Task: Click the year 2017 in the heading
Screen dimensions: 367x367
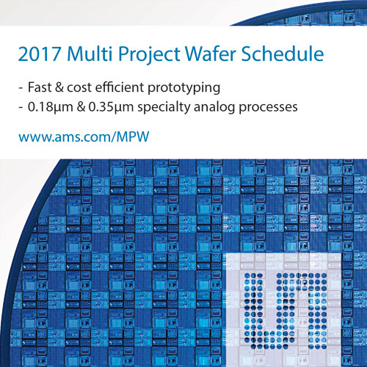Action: (x=40, y=54)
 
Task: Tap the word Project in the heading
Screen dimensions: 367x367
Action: (x=150, y=55)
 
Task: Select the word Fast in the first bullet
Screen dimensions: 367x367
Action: (x=40, y=87)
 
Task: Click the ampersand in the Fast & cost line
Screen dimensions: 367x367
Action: (x=59, y=87)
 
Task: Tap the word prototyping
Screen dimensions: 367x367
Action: (x=184, y=88)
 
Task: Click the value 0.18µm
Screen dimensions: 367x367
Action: (x=51, y=107)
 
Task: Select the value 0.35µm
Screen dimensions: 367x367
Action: (x=111, y=107)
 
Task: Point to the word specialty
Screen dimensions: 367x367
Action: (x=164, y=107)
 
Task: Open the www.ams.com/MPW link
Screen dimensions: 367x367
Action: (x=84, y=137)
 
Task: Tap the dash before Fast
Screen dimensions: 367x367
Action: (x=21, y=88)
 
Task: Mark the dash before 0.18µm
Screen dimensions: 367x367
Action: (x=21, y=108)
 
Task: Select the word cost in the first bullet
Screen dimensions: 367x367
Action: (x=79, y=87)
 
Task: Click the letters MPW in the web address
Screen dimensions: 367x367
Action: (x=133, y=137)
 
